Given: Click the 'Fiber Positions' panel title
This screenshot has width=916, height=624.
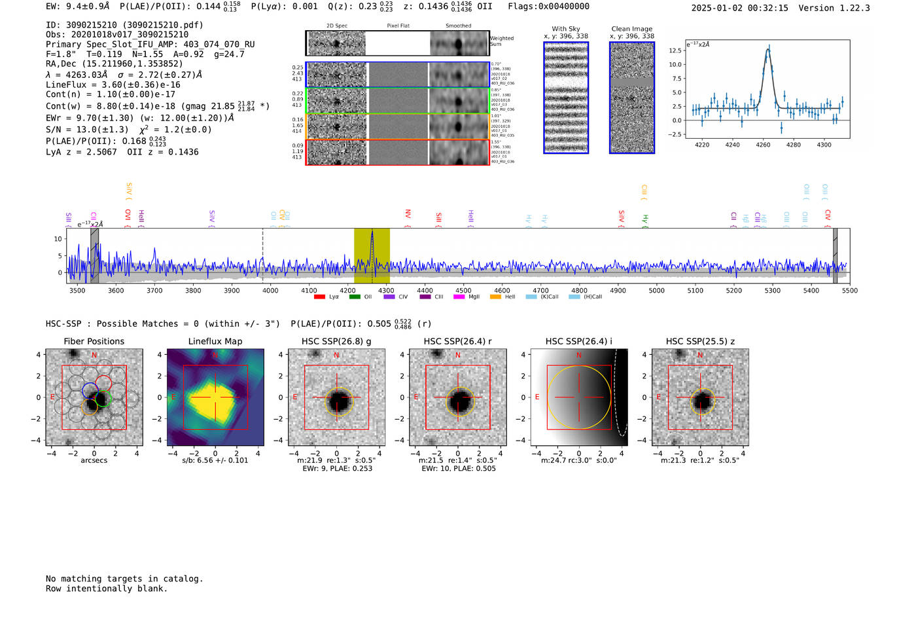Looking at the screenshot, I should click(x=94, y=341).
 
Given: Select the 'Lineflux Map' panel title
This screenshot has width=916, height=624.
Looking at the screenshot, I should click(x=215, y=341).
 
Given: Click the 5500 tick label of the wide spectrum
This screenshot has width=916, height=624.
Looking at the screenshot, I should click(x=849, y=290).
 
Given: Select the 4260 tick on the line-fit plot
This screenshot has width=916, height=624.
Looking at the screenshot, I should click(x=763, y=145).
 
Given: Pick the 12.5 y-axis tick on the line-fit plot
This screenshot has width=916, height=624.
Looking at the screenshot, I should click(x=675, y=50).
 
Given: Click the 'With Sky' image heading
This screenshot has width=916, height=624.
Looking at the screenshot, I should click(x=566, y=29).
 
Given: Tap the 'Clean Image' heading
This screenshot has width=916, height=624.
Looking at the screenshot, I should click(x=632, y=29).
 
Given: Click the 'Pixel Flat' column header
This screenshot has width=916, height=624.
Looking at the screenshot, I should click(x=398, y=26).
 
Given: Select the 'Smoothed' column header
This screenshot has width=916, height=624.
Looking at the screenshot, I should click(x=458, y=26).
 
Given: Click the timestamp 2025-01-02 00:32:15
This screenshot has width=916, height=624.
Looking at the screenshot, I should click(x=739, y=8).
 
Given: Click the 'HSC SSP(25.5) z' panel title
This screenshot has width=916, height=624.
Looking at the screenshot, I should click(x=700, y=341).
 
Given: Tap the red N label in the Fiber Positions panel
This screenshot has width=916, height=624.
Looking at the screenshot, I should click(x=94, y=355).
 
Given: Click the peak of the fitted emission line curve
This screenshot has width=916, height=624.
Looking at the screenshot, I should click(x=768, y=49).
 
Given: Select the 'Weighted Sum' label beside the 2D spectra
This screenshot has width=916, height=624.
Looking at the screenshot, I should click(x=501, y=41).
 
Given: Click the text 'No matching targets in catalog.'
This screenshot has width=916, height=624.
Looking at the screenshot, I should click(x=124, y=579).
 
